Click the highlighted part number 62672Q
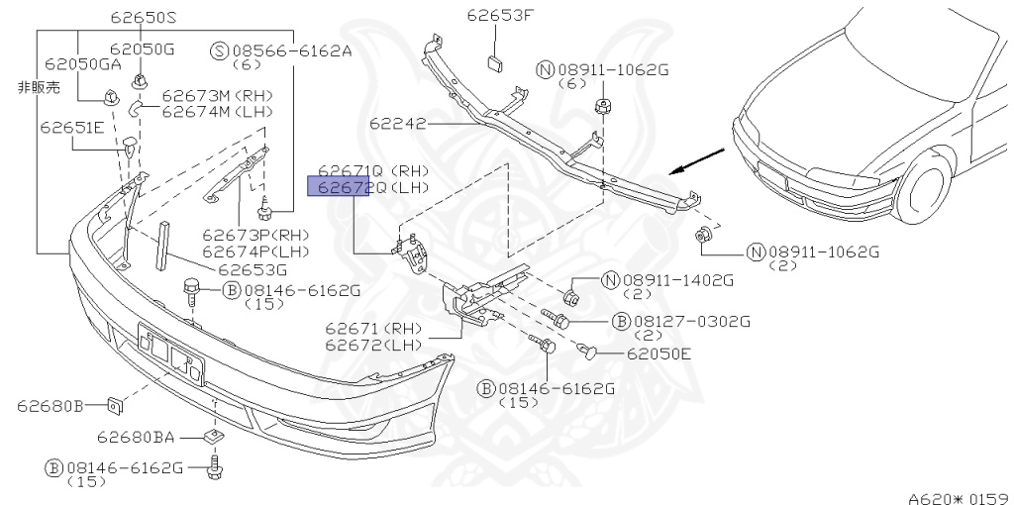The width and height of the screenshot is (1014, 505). (x=337, y=186)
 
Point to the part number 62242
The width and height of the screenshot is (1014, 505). (x=398, y=124)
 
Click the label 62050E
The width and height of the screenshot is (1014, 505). (x=659, y=353)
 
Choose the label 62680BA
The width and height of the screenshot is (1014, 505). (x=136, y=436)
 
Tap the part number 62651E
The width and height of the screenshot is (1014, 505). (x=72, y=127)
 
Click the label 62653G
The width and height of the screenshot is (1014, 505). (x=253, y=268)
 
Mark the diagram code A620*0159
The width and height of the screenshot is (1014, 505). (x=958, y=497)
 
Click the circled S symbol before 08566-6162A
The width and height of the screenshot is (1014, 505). (x=220, y=50)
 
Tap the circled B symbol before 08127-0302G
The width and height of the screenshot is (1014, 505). (x=621, y=321)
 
